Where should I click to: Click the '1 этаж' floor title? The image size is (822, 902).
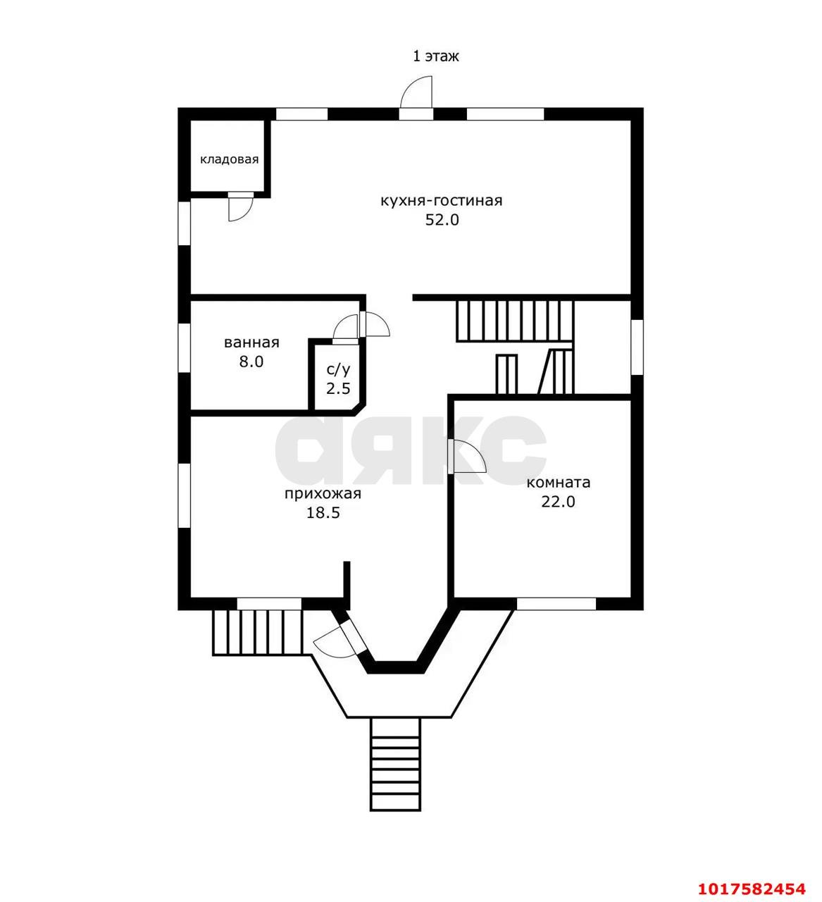(x=435, y=56)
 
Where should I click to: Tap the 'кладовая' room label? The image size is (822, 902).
(x=229, y=160)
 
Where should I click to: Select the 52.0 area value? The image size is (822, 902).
(x=442, y=220)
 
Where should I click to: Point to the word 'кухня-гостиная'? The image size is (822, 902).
(x=442, y=201)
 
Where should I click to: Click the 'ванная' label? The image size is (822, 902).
(x=251, y=342)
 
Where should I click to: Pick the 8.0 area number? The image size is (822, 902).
(x=251, y=362)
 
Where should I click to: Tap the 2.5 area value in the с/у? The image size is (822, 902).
(x=338, y=388)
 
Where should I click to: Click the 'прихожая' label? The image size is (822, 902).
(x=323, y=494)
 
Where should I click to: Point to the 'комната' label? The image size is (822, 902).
(x=558, y=483)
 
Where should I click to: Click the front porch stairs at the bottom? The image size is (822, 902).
(x=395, y=771)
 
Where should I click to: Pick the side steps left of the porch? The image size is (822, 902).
(x=258, y=633)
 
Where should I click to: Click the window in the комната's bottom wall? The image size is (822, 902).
(x=556, y=603)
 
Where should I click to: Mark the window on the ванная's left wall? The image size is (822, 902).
(x=185, y=347)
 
